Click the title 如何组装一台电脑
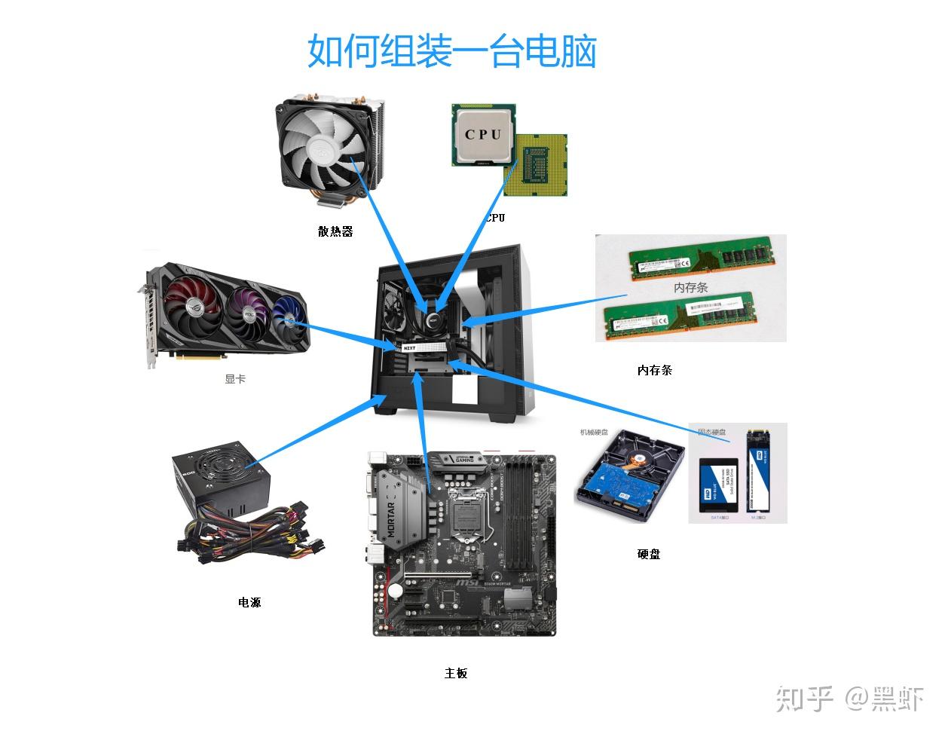pyautogui.click(x=451, y=51)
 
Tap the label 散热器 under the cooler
pyautogui.click(x=335, y=231)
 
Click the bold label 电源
pyautogui.click(x=249, y=602)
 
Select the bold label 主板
pyautogui.click(x=456, y=673)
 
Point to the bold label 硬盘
pyautogui.click(x=649, y=554)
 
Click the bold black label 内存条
pyautogui.click(x=654, y=370)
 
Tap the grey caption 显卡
pyautogui.click(x=235, y=378)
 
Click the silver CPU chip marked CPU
pyautogui.click(x=482, y=135)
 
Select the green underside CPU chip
pyautogui.click(x=539, y=167)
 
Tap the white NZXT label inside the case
pyautogui.click(x=409, y=348)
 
